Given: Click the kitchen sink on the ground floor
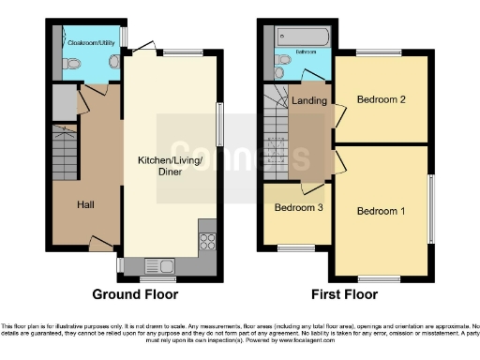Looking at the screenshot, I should click(x=158, y=266).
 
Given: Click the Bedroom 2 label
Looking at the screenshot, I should click(x=381, y=100).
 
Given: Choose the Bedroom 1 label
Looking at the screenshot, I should click(x=381, y=211).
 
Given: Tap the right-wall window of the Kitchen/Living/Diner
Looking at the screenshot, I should click(x=221, y=124).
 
